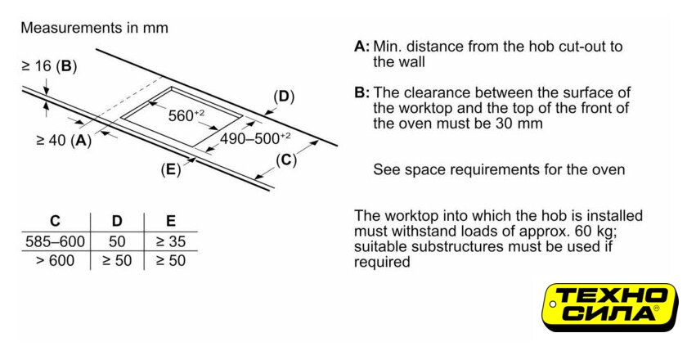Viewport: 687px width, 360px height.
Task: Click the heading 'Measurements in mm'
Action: pos(94,28)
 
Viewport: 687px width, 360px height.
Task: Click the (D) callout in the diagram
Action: pos(283,97)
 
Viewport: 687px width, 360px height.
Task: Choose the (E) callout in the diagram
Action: pos(170,170)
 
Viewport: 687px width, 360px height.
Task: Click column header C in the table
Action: pos(55,221)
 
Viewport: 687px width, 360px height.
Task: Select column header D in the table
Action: pos(116,221)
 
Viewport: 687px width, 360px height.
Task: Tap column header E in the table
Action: pos(170,221)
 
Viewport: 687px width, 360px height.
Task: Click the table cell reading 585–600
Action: pos(55,241)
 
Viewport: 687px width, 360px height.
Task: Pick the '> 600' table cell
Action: pos(55,261)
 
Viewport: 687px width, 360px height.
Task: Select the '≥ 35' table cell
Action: pos(170,241)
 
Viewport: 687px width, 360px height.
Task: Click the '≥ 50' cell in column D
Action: pos(116,261)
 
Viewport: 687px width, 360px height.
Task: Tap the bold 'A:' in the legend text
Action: pos(361,46)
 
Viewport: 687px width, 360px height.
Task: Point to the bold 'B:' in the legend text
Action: pos(361,92)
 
